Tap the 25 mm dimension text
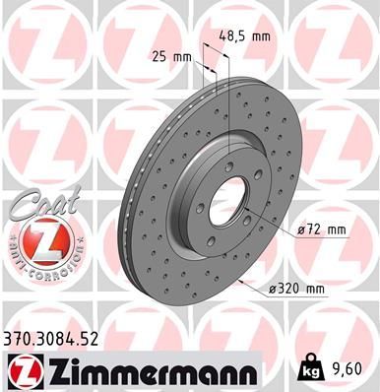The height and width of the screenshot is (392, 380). (x=170, y=56)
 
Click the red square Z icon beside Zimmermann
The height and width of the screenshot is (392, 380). (x=19, y=369)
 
